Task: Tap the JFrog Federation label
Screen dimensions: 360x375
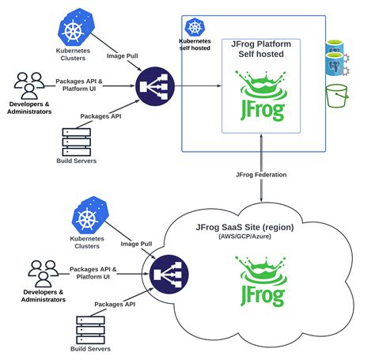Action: point(262,173)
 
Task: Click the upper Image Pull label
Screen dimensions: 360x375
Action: point(123,57)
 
